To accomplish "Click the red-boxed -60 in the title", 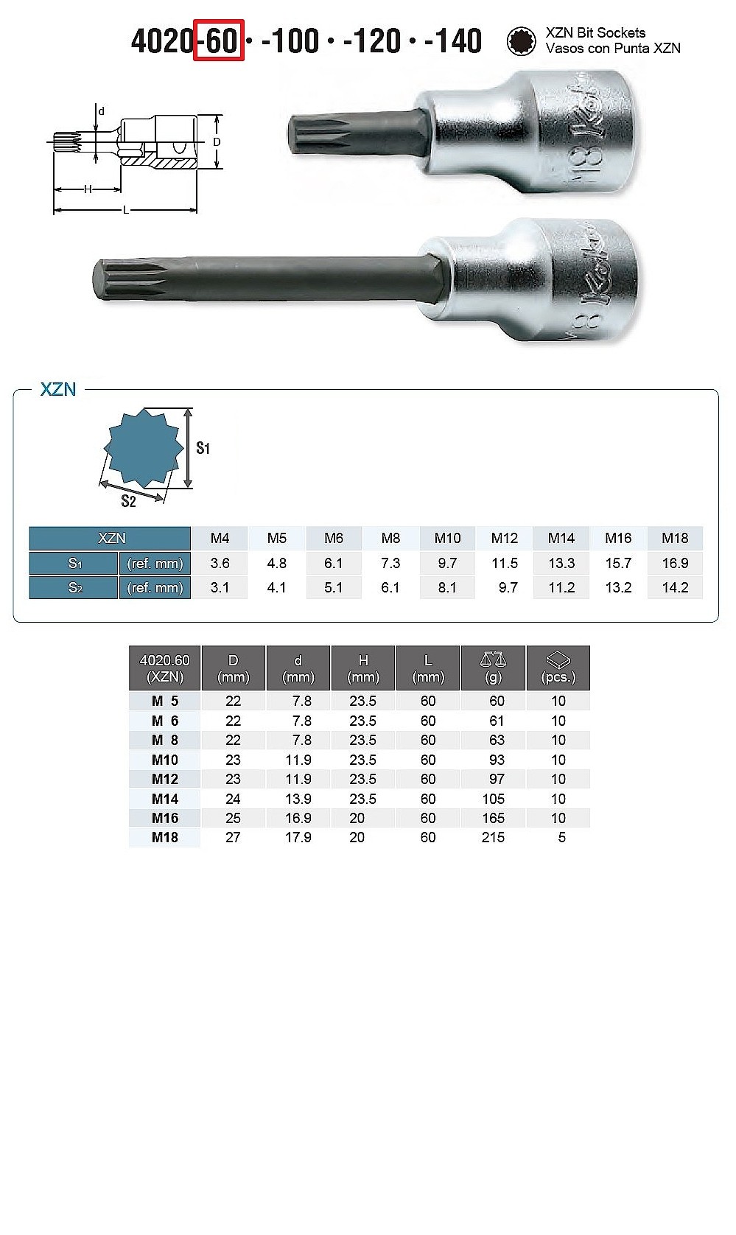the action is point(218,41).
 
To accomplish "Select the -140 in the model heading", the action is point(453,41).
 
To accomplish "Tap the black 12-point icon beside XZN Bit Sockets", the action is point(520,41).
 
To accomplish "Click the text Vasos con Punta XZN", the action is point(613,49).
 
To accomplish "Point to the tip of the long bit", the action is point(94,279).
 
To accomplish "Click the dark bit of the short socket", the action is point(358,133).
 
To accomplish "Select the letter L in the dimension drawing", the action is point(126,209).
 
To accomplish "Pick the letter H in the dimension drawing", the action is point(88,189).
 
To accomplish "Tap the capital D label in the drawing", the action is point(217,142).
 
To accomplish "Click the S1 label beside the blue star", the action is point(203,448).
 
